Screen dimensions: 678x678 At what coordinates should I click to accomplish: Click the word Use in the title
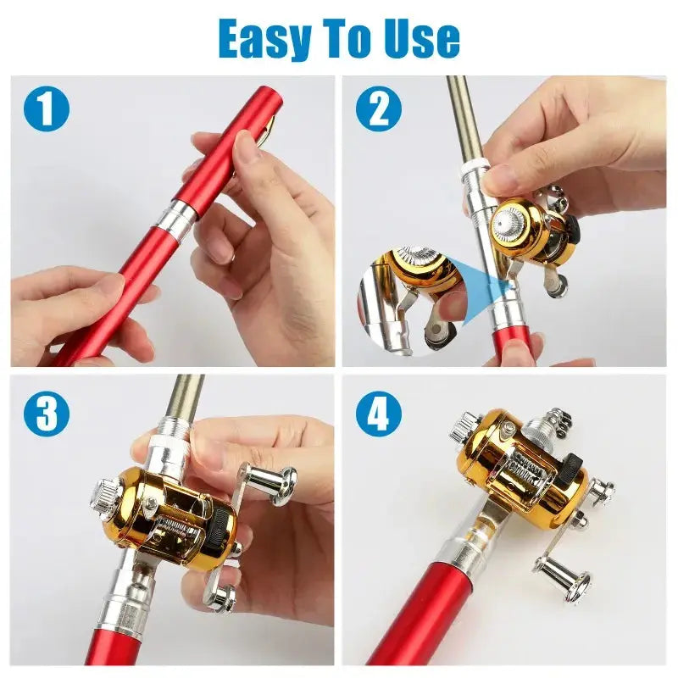pos(417,38)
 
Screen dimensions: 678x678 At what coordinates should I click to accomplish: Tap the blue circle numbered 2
pos(378,109)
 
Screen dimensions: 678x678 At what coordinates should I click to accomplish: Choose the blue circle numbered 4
pos(378,414)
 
